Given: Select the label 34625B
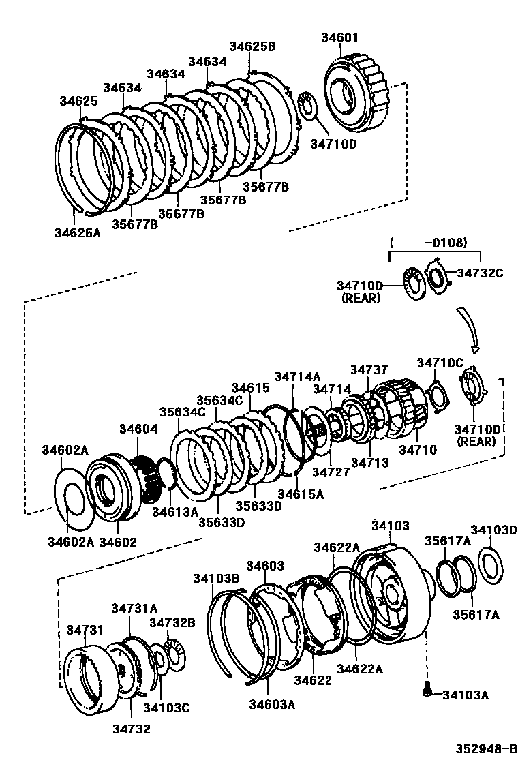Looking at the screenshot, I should point(252,46).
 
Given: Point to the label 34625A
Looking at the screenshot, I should point(78,232).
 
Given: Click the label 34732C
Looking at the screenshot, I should point(480,273).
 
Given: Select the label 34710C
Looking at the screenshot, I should point(440,363).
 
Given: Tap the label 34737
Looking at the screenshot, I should point(369,369).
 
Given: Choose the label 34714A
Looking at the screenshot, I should point(297,376).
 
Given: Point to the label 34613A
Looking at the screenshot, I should point(174,511).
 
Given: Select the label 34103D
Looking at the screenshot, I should point(493,530).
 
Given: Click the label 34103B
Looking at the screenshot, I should point(215,578).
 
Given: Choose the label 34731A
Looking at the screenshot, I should point(134,608).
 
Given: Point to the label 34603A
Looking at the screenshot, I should point(271,704).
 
